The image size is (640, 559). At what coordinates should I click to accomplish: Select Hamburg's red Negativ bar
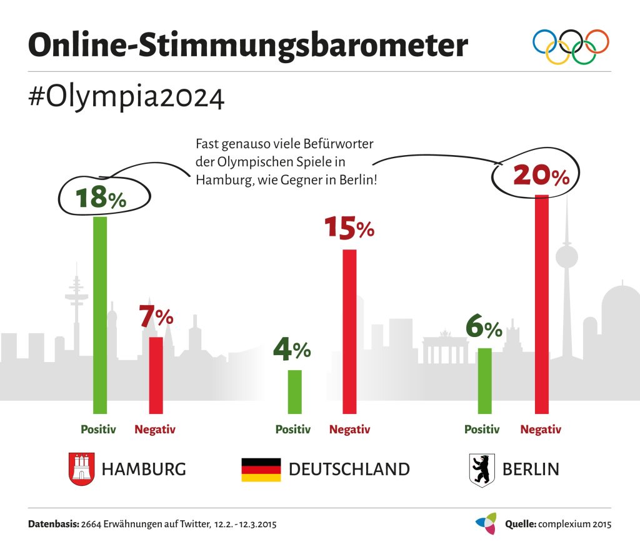(x=156, y=375)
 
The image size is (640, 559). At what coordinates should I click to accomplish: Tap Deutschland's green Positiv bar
(x=294, y=391)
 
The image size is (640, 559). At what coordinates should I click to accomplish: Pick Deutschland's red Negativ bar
(x=349, y=331)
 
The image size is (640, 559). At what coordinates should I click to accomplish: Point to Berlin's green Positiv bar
(x=485, y=380)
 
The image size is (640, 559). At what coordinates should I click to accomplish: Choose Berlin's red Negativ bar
(x=542, y=304)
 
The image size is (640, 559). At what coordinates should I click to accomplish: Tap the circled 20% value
(x=541, y=176)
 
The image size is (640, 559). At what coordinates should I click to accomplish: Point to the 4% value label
(x=292, y=350)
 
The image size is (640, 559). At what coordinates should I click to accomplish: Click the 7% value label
(x=156, y=318)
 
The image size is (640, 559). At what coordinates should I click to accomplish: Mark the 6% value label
(x=484, y=328)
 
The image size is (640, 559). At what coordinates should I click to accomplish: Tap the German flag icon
(x=261, y=469)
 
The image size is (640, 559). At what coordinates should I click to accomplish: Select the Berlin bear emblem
(x=481, y=470)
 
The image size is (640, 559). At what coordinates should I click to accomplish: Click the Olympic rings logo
(x=571, y=46)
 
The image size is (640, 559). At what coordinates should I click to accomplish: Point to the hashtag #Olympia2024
(x=126, y=98)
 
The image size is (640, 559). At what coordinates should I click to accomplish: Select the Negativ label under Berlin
(x=541, y=430)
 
